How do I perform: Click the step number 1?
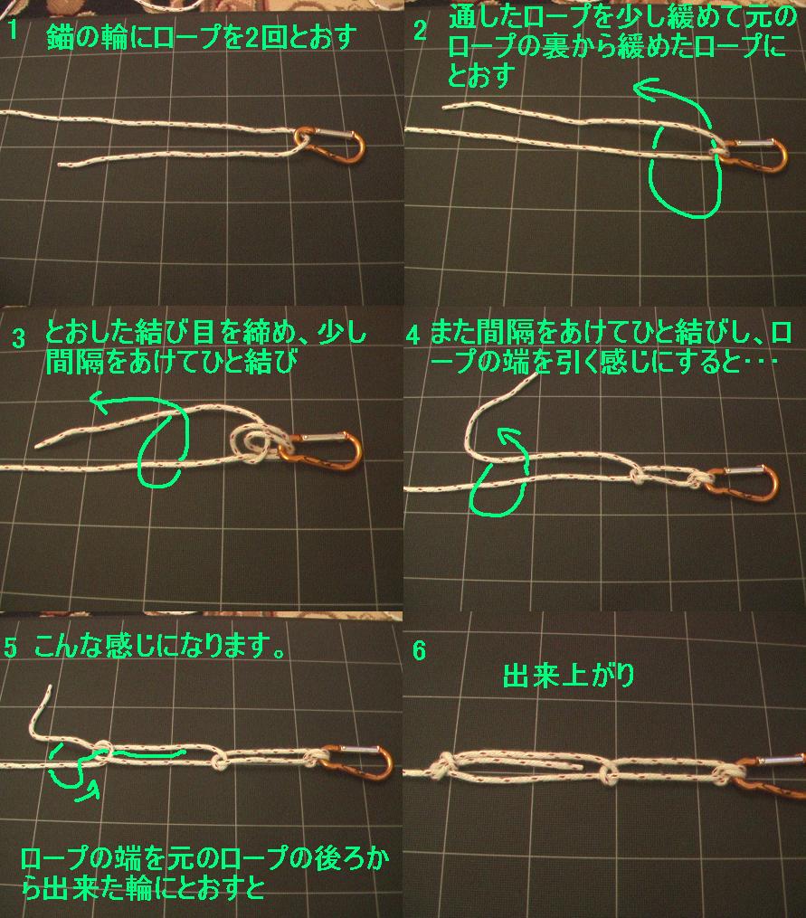tap(13, 31)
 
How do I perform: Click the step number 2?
tap(420, 31)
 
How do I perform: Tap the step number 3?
tap(19, 338)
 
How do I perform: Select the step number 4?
tap(413, 335)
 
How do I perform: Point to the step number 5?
tap(11, 647)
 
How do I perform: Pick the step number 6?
tap(420, 651)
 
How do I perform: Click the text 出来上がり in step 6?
tap(569, 676)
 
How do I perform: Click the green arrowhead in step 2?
tap(644, 89)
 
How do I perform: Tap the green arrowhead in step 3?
tap(100, 402)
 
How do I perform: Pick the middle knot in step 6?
tap(607, 771)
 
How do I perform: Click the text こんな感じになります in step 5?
tap(151, 647)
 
